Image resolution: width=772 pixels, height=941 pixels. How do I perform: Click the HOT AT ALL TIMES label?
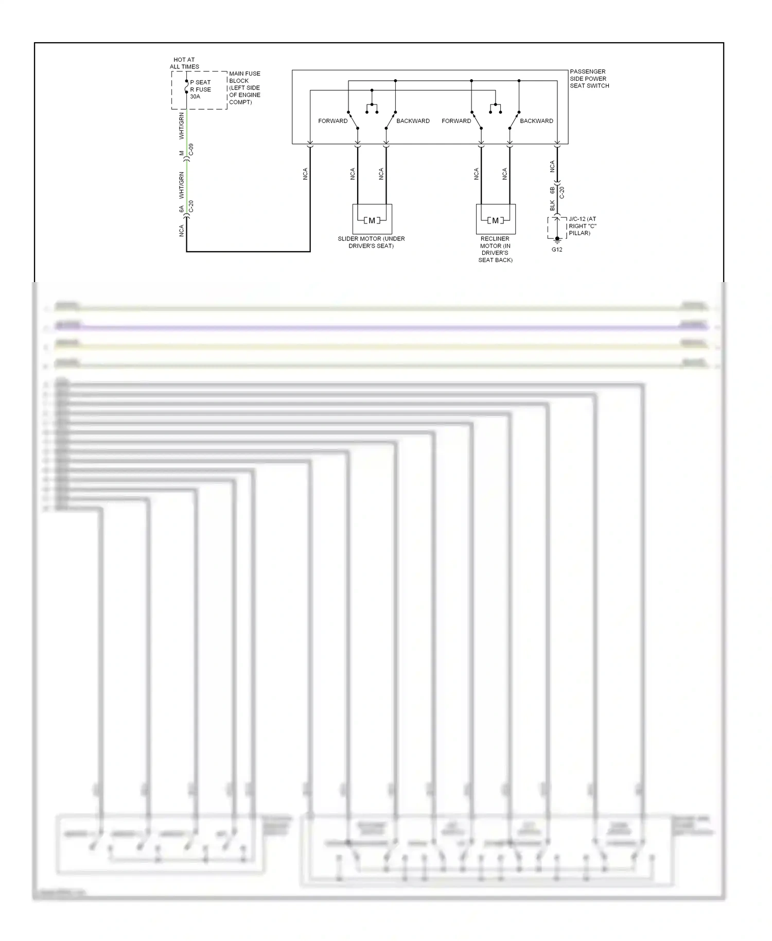pyautogui.click(x=184, y=63)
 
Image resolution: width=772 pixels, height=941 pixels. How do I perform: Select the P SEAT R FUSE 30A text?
pyautogui.click(x=200, y=89)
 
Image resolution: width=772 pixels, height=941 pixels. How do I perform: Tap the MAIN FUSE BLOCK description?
pyautogui.click(x=244, y=88)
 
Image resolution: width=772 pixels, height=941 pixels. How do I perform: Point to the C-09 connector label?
pyautogui.click(x=191, y=150)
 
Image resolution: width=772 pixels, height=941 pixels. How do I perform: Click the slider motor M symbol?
pyautogui.click(x=372, y=220)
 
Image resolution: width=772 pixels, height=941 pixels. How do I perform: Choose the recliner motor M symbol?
pyautogui.click(x=495, y=220)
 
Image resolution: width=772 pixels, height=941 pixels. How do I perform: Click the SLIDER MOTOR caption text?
pyautogui.click(x=371, y=242)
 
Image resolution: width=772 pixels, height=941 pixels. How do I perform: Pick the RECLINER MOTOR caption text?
pyautogui.click(x=495, y=249)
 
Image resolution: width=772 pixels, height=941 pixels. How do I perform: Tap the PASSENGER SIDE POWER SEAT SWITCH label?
pyautogui.click(x=589, y=79)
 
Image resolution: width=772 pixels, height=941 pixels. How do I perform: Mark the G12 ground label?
pyautogui.click(x=557, y=250)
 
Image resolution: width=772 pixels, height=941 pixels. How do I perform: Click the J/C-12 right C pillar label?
pyautogui.click(x=582, y=226)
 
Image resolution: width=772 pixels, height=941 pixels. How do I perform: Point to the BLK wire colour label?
pyautogui.click(x=552, y=205)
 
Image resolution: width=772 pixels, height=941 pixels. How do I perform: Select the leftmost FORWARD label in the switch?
pyautogui.click(x=332, y=121)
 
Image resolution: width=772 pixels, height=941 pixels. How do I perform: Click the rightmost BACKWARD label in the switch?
pyautogui.click(x=536, y=121)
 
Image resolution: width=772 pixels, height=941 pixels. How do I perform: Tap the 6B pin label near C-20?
pyautogui.click(x=552, y=190)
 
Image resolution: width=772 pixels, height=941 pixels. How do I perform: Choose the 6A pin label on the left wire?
pyautogui.click(x=181, y=209)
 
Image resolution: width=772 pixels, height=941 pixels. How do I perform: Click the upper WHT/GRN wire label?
pyautogui.click(x=181, y=126)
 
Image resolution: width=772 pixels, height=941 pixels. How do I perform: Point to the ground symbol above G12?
pyautogui.click(x=557, y=239)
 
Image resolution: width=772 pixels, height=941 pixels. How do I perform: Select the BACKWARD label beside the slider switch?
pyautogui.click(x=413, y=121)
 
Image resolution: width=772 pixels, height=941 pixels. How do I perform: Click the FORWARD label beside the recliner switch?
pyautogui.click(x=456, y=121)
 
